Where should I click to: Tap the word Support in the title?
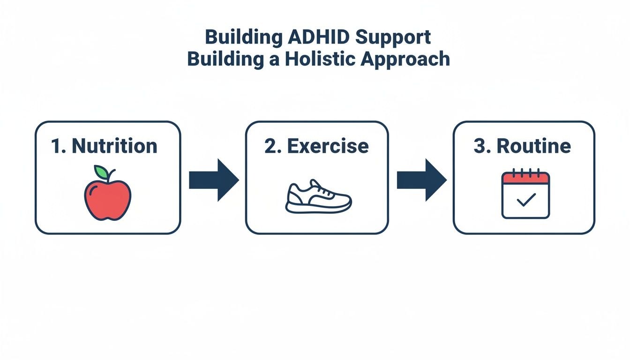pyautogui.click(x=398, y=38)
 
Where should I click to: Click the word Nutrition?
pyautogui.click(x=115, y=146)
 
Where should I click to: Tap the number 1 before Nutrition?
pyautogui.click(x=57, y=146)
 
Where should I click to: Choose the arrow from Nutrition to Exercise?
pyautogui.click(x=213, y=180)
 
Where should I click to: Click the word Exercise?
pyautogui.click(x=328, y=146)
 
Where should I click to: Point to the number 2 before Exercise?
pyautogui.click(x=270, y=146)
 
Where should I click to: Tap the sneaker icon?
pyautogui.click(x=318, y=196)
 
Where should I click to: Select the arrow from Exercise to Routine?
pyautogui.click(x=421, y=180)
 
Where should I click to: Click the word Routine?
pyautogui.click(x=534, y=146)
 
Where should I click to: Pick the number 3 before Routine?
pyautogui.click(x=481, y=146)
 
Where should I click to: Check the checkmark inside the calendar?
pyautogui.click(x=525, y=201)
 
